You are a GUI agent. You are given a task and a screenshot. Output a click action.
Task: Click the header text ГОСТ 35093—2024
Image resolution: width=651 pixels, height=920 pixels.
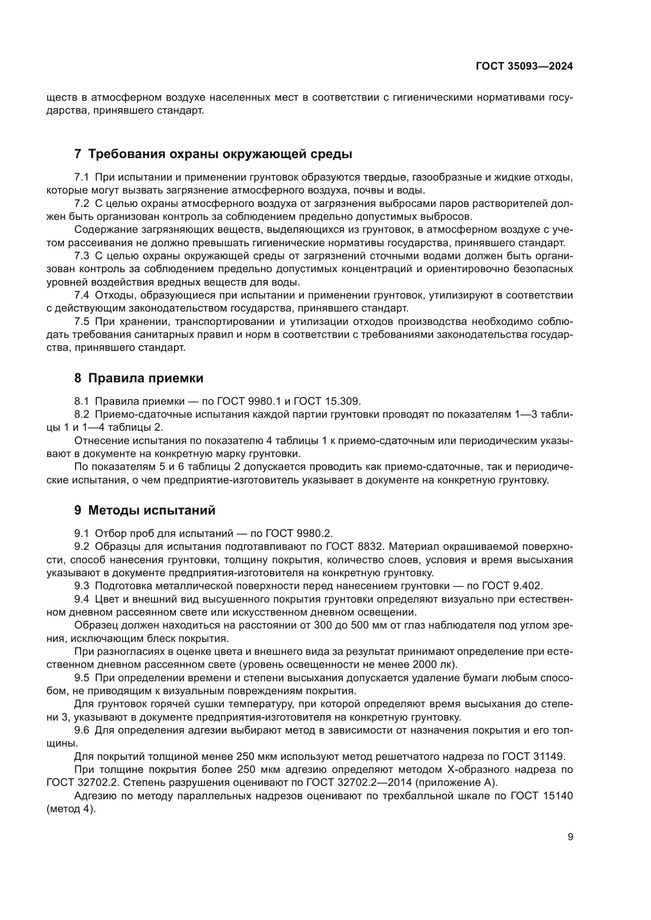[524, 66]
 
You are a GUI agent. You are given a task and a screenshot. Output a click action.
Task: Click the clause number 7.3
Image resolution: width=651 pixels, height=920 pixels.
[82, 256]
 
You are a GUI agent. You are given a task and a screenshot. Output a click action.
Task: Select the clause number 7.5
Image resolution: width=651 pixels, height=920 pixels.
[82, 321]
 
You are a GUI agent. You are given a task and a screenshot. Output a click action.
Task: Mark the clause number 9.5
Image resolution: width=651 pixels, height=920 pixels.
[82, 678]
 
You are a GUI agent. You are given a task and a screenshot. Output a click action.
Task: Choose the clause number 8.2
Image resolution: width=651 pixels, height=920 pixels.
[82, 414]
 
